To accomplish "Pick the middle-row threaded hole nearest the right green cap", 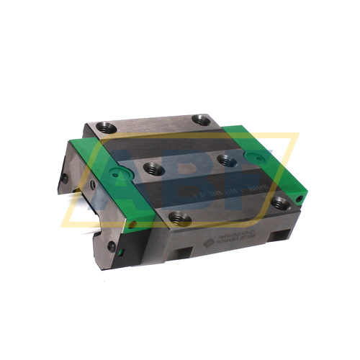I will (x=228, y=160).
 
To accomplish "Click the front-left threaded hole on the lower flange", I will (x=176, y=216).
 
